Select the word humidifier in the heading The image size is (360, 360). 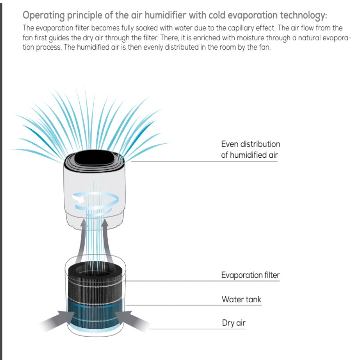(x=162, y=16)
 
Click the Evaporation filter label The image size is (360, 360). (x=250, y=275)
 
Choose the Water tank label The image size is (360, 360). (x=241, y=300)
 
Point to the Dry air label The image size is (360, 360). (x=234, y=323)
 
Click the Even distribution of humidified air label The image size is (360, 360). (x=250, y=149)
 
